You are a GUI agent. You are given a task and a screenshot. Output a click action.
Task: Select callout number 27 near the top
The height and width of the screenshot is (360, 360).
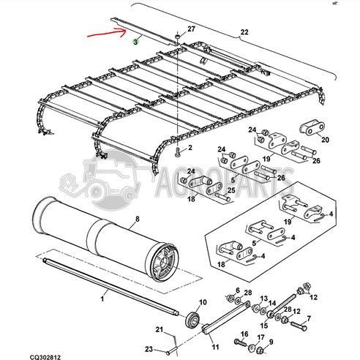[192, 29]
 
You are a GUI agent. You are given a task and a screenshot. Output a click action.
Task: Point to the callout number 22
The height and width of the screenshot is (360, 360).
[244, 31]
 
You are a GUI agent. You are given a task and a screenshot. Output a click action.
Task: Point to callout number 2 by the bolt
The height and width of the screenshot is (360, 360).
[190, 148]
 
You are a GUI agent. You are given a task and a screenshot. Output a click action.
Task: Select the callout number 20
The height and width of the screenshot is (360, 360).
[325, 139]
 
